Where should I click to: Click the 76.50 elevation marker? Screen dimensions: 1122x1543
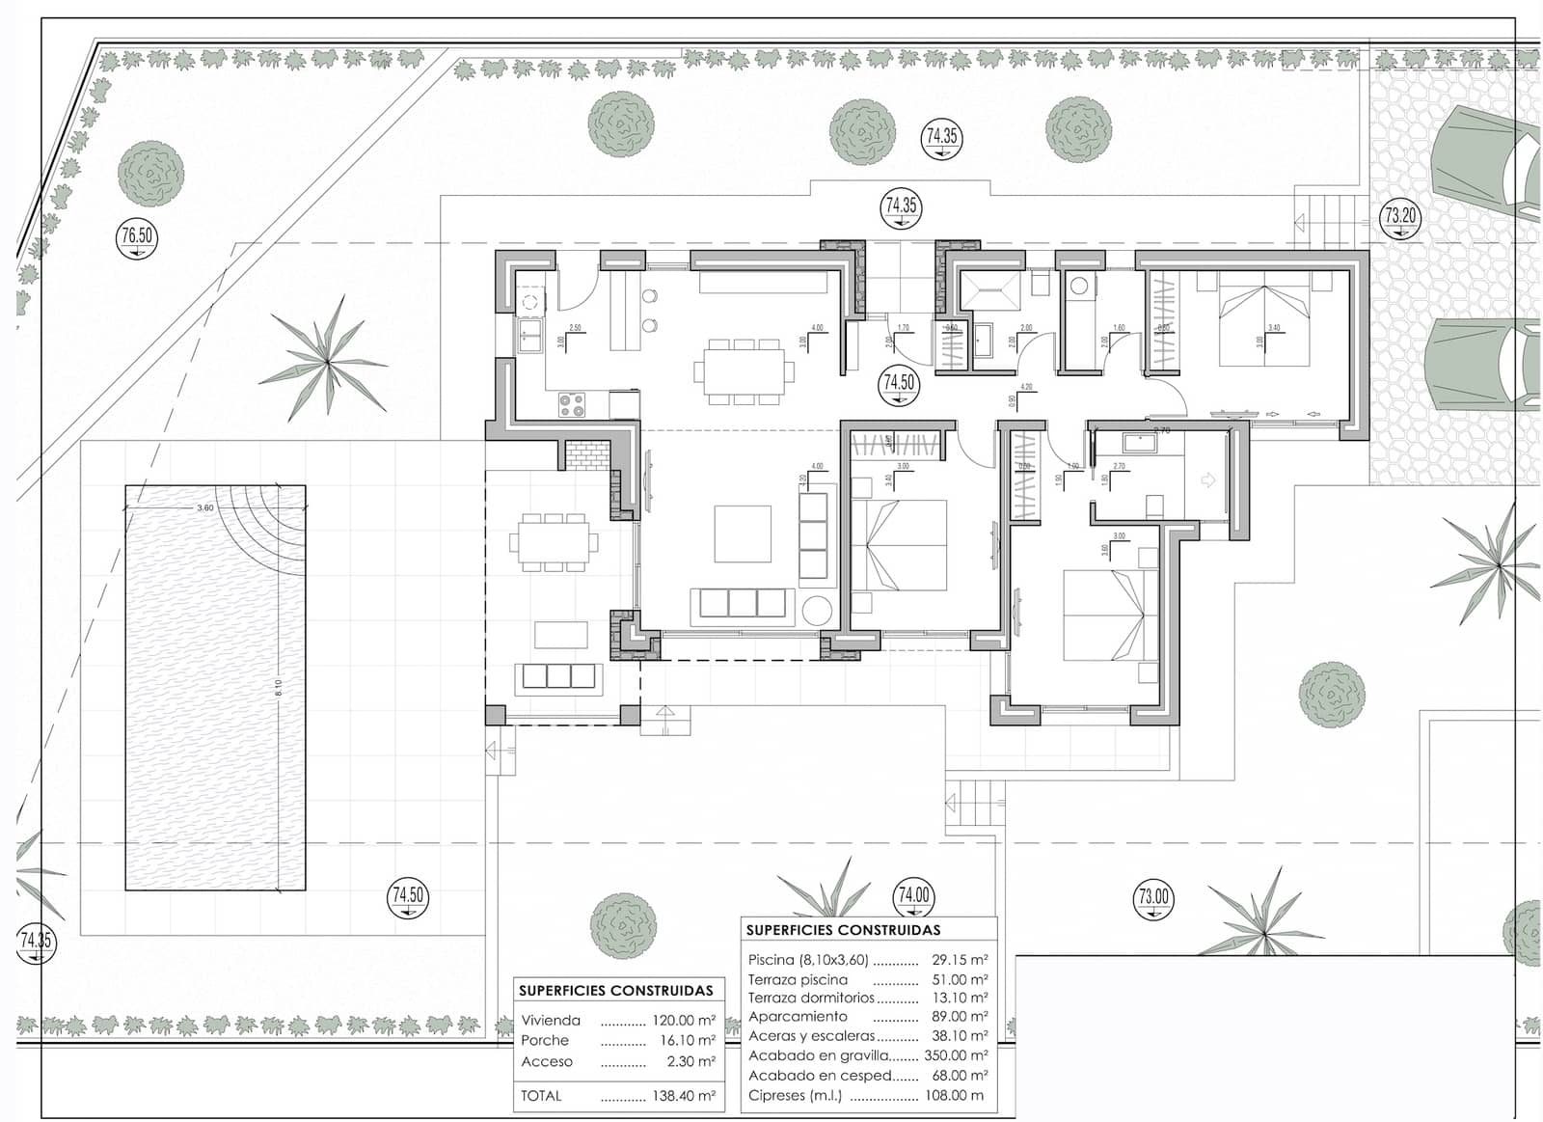(137, 236)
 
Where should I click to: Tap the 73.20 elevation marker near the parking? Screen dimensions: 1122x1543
(1400, 217)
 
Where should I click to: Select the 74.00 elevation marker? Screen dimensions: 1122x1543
(913, 896)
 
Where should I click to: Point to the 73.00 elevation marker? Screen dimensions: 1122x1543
(1153, 898)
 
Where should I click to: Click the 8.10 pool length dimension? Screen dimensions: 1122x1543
(279, 687)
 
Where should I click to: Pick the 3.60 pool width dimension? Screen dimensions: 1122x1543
(205, 507)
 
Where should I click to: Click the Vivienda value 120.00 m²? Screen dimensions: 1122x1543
(684, 1020)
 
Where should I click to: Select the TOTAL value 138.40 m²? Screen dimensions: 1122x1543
(684, 1096)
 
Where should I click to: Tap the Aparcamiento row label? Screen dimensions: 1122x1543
(798, 1016)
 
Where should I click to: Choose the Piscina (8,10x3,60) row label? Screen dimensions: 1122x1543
(808, 960)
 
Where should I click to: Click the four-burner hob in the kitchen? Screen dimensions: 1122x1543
(572, 405)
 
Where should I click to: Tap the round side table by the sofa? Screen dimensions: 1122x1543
(818, 611)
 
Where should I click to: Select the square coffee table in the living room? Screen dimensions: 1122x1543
(743, 534)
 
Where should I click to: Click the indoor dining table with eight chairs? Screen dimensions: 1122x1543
(743, 370)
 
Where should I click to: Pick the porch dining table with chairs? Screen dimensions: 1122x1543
(554, 542)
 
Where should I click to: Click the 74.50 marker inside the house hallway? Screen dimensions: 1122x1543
(899, 383)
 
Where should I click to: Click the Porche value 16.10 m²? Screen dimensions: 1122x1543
(688, 1040)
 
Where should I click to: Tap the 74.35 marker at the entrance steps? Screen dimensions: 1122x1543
(901, 206)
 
